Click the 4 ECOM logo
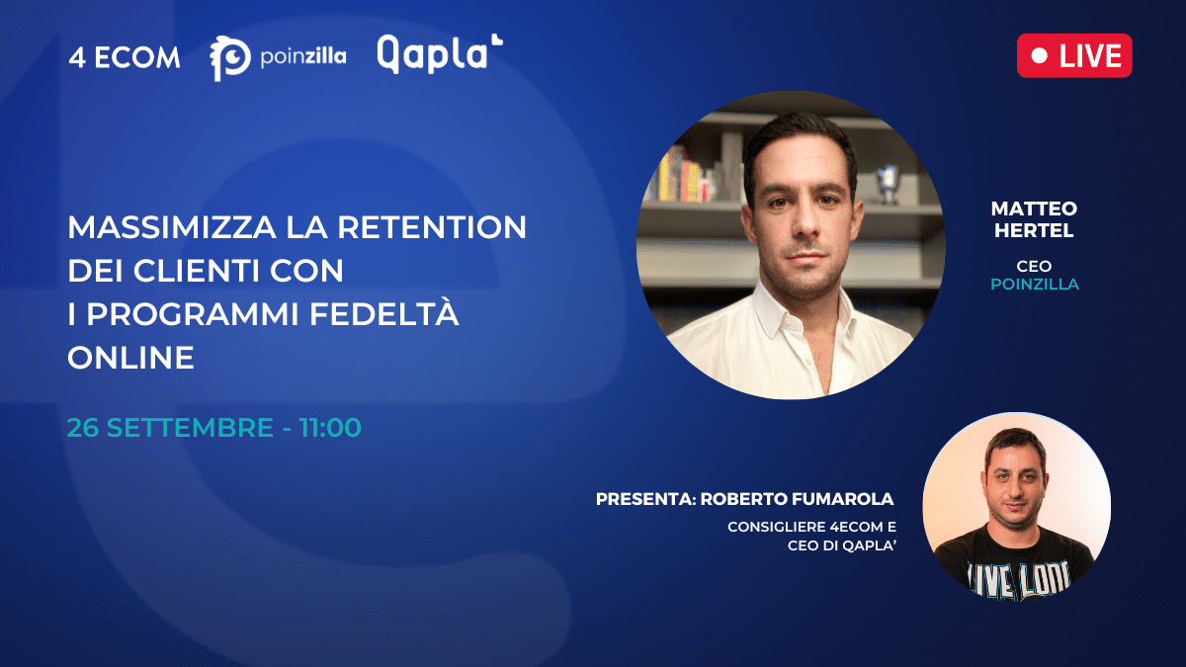coord(125,57)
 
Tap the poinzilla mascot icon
coord(229,58)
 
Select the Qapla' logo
coord(440,53)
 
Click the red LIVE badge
coord(1074,55)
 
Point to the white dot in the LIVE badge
coord(1040,56)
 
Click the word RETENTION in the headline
coord(432,227)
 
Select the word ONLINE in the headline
coord(130,358)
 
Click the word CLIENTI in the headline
coord(197,271)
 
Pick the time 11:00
coord(330,427)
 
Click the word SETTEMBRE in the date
coord(190,427)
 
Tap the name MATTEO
coord(1034,208)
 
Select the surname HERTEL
coord(1034,230)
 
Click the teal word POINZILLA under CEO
coord(1035,285)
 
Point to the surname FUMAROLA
coord(849,499)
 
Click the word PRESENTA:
coord(646,499)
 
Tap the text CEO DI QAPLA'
coord(841,545)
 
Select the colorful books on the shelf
coord(679,175)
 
